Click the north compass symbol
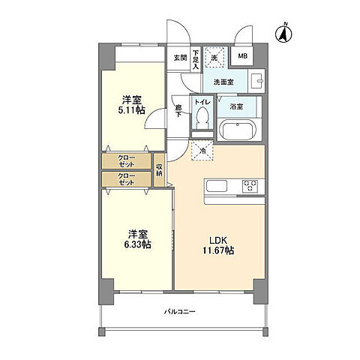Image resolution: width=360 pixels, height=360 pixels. coord(283,34)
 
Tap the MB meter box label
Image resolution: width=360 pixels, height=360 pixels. coord(242,56)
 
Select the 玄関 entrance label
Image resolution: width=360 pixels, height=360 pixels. coord(180,58)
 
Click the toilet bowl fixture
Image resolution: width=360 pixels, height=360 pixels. coord(202,118)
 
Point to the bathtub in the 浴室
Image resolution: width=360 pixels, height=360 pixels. coord(238,130)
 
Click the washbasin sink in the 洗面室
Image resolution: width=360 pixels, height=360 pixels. coord(256,81)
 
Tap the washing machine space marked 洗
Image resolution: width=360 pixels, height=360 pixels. coord(214,58)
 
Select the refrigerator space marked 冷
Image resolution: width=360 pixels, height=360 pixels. coord(202,151)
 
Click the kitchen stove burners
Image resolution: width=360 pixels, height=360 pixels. coord(250,186)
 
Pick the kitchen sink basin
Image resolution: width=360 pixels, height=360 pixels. coord(217,186)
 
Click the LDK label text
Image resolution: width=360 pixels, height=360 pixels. coord(217,241)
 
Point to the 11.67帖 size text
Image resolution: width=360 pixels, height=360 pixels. coord(218,250)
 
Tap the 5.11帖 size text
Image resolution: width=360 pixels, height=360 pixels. coord(131,110)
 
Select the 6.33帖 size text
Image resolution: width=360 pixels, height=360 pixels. coord(138,244)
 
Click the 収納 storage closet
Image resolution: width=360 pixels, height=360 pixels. coord(159,169)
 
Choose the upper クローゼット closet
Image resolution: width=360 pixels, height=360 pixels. coord(127,161)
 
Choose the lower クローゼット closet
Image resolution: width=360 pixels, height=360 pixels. coord(127,179)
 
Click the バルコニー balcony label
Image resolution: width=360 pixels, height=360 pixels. coord(179,312)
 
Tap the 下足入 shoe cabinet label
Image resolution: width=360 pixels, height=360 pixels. coord(196,60)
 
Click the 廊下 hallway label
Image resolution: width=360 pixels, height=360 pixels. coord(178,111)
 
